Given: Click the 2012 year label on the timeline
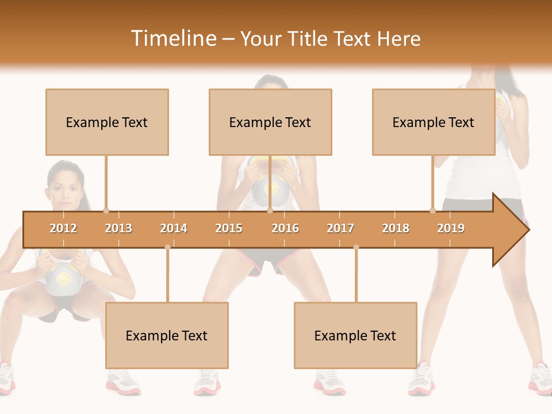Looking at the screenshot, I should click(63, 228).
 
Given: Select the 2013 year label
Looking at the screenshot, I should click(118, 228).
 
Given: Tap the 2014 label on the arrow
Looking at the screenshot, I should click(174, 228).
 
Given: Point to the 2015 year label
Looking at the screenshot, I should click(229, 228).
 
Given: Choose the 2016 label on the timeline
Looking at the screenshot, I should click(285, 228).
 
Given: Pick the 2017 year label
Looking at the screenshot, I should click(340, 228).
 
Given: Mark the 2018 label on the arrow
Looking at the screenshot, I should click(396, 228).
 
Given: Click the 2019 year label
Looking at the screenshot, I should click(451, 228).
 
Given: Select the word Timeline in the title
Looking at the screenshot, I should click(172, 39).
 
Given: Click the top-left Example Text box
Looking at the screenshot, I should click(107, 122).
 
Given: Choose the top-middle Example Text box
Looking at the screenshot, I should click(270, 122).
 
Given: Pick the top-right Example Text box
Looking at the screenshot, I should click(434, 122).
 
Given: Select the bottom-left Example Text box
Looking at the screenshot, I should click(167, 335).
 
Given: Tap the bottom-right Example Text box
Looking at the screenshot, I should click(355, 335).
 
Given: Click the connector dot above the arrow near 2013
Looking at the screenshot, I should click(106, 210).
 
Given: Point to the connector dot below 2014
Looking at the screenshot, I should click(167, 247).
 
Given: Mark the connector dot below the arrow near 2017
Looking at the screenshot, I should click(356, 247).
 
